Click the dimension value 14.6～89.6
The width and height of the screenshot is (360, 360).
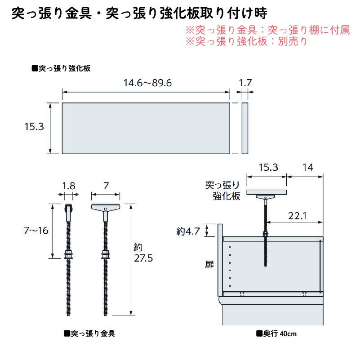pyautogui.click(x=147, y=83)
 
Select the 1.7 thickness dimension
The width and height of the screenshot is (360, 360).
pyautogui.click(x=245, y=83)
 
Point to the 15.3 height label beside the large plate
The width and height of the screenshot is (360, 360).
pyautogui.click(x=34, y=126)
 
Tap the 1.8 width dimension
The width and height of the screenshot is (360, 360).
pyautogui.click(x=69, y=186)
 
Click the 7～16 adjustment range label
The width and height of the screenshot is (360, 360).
pyautogui.click(x=36, y=231)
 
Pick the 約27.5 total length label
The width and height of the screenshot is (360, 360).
pyautogui.click(x=143, y=253)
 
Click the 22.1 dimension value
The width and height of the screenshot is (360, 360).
pyautogui.click(x=297, y=216)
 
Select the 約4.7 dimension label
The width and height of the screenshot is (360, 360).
pyautogui.click(x=188, y=231)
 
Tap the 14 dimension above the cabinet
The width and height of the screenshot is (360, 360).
pyautogui.click(x=308, y=167)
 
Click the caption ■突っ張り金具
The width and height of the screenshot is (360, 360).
pyautogui.click(x=89, y=333)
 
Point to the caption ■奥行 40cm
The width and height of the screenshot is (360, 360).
pyautogui.click(x=276, y=333)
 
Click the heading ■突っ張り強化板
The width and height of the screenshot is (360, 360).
pyautogui.click(x=61, y=68)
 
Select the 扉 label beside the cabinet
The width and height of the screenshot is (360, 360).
pyautogui.click(x=209, y=264)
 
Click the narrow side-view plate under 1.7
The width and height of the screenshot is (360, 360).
pyautogui.click(x=245, y=129)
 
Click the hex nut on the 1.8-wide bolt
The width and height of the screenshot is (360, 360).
pyautogui.click(x=68, y=254)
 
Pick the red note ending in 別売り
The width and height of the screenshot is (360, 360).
pyautogui.click(x=246, y=41)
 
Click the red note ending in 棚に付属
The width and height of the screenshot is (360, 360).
pyautogui.click(x=267, y=30)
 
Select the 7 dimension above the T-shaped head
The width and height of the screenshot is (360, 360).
pyautogui.click(x=106, y=186)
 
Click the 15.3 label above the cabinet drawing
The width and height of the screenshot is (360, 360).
pyautogui.click(x=268, y=167)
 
